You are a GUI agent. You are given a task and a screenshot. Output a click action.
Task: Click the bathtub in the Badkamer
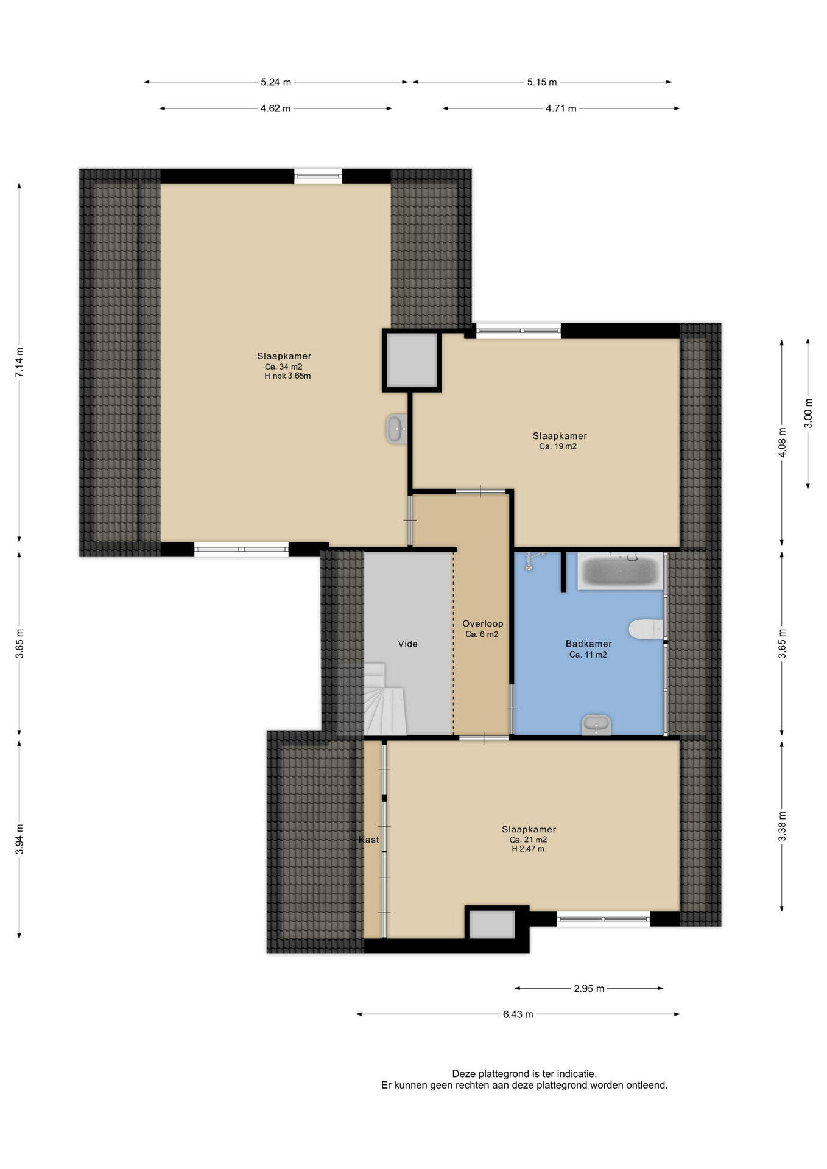620,571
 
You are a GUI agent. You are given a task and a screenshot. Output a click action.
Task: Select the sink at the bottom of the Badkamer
596,725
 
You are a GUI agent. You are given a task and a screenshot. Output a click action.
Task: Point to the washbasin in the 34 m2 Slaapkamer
396,429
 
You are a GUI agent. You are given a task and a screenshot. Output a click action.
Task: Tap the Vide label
408,644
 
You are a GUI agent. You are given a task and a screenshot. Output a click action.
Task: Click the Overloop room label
482,623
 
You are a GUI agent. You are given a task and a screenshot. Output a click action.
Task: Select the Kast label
369,840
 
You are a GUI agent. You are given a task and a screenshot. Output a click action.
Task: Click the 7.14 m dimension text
19,363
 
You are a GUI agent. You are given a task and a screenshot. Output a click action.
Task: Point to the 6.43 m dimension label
518,1014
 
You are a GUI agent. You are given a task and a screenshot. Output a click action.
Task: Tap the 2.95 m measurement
589,988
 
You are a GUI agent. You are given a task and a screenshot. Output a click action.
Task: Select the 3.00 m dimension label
808,413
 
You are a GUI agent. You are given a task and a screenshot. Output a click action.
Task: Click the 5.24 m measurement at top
276,82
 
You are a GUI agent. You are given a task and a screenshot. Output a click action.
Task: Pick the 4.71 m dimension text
561,108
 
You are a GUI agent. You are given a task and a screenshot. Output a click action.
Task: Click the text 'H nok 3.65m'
287,376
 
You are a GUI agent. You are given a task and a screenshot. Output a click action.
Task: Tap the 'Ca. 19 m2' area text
558,446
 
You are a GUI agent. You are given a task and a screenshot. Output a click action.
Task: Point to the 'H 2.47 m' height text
528,849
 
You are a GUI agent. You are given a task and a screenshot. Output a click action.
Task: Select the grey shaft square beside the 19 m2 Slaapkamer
412,360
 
